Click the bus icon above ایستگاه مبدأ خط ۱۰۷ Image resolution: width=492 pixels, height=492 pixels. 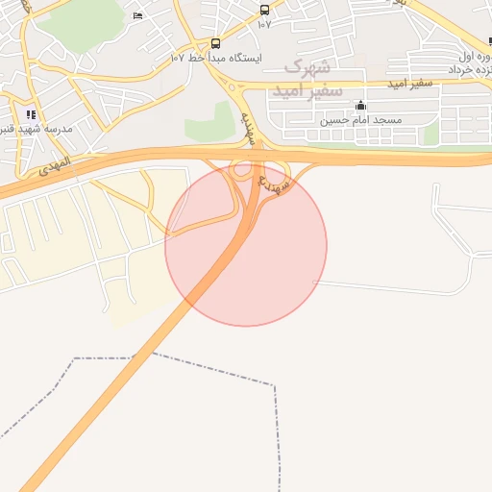[214, 43]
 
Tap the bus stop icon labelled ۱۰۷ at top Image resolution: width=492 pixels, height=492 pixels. [264, 11]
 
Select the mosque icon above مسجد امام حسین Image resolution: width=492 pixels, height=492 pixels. [360, 106]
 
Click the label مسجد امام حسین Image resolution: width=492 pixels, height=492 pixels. [360, 122]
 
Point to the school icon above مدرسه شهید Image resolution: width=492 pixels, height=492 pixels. [32, 114]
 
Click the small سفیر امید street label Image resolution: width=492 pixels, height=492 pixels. [411, 85]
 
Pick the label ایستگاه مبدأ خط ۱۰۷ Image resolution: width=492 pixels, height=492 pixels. [216, 59]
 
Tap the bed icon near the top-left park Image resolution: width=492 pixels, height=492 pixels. [137, 15]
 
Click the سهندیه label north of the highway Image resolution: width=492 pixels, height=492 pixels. [247, 125]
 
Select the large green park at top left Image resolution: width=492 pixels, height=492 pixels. [91, 19]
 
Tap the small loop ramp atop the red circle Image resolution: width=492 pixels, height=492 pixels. [241, 169]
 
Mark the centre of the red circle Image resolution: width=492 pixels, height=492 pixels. [246, 245]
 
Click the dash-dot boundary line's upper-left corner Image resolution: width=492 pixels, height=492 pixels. [75, 358]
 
